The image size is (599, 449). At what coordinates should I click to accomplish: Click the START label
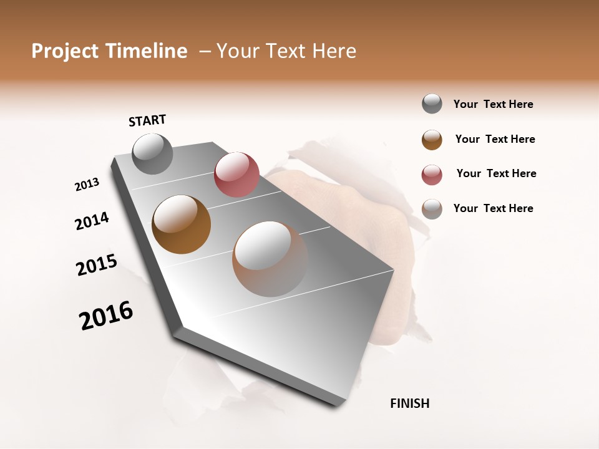coord(147,120)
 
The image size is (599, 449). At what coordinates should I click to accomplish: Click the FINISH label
coord(410,403)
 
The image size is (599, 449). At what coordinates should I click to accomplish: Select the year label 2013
coord(87,185)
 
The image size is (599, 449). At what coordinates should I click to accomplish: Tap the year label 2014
coord(92,221)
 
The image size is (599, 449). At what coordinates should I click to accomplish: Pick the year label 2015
coord(97,265)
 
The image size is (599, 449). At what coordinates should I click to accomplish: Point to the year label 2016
coord(106,316)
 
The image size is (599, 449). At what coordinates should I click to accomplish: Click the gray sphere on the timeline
coord(153,153)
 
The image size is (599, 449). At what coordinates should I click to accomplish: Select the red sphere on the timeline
coord(236,175)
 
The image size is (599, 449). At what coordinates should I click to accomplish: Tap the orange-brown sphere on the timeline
coord(182,224)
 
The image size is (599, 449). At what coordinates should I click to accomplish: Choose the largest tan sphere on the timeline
coord(270,258)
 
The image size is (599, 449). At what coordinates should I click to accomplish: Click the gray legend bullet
coord(432,104)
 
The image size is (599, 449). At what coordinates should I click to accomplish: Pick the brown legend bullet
coord(432,140)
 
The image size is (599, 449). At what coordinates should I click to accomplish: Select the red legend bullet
coord(432,175)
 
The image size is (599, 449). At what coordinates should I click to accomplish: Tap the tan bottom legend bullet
coord(432,209)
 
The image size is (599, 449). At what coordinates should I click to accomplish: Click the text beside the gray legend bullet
coord(493,105)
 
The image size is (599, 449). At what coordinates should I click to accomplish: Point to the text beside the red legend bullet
coord(496,173)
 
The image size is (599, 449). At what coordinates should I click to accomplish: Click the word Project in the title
coord(65,51)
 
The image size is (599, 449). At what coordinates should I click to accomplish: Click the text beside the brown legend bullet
coord(495,139)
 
